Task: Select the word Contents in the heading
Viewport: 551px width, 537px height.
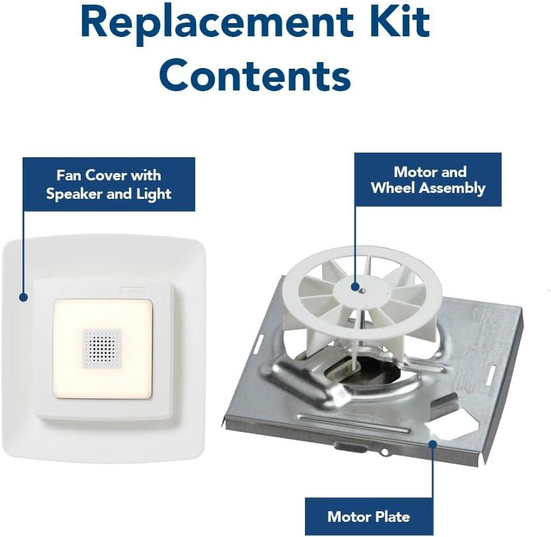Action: tap(255, 74)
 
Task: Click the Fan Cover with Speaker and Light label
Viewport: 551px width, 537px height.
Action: tap(109, 184)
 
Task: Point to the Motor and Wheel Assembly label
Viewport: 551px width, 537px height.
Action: tap(428, 180)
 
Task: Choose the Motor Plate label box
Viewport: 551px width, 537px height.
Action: tap(369, 517)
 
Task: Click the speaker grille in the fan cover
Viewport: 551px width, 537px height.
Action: tap(102, 349)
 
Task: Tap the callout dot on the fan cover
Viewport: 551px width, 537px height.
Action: tap(23, 297)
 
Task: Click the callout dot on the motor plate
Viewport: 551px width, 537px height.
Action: tap(433, 444)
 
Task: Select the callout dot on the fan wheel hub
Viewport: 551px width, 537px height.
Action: tap(355, 287)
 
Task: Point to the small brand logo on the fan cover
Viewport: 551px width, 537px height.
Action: tap(134, 291)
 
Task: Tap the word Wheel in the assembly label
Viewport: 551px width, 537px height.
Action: tap(393, 188)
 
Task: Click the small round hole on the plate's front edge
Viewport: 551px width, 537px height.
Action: tap(385, 452)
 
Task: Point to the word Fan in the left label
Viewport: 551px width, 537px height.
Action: tap(69, 175)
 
